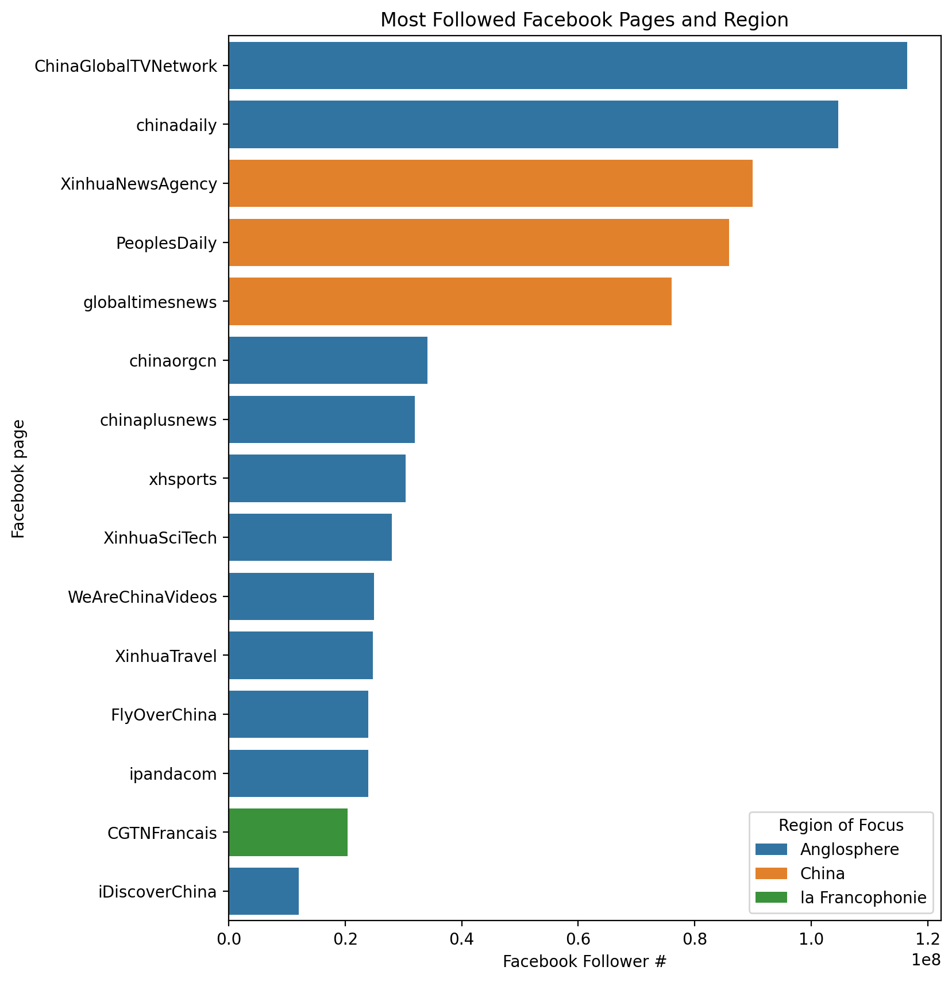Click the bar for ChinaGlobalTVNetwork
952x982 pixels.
568,66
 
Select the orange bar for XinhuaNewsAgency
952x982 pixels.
490,183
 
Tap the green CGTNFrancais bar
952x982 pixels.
288,832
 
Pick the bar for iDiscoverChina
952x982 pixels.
264,891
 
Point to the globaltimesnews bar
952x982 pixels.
450,301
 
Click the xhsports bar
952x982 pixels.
317,478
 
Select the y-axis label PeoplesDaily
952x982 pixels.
167,244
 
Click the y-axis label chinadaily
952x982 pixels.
176,126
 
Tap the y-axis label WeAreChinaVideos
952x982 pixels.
142,597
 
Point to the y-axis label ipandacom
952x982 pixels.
173,774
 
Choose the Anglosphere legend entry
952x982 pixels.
849,849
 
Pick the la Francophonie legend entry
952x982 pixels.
863,898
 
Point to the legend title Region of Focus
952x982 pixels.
841,825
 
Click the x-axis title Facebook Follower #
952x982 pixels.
584,962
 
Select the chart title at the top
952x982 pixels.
584,20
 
